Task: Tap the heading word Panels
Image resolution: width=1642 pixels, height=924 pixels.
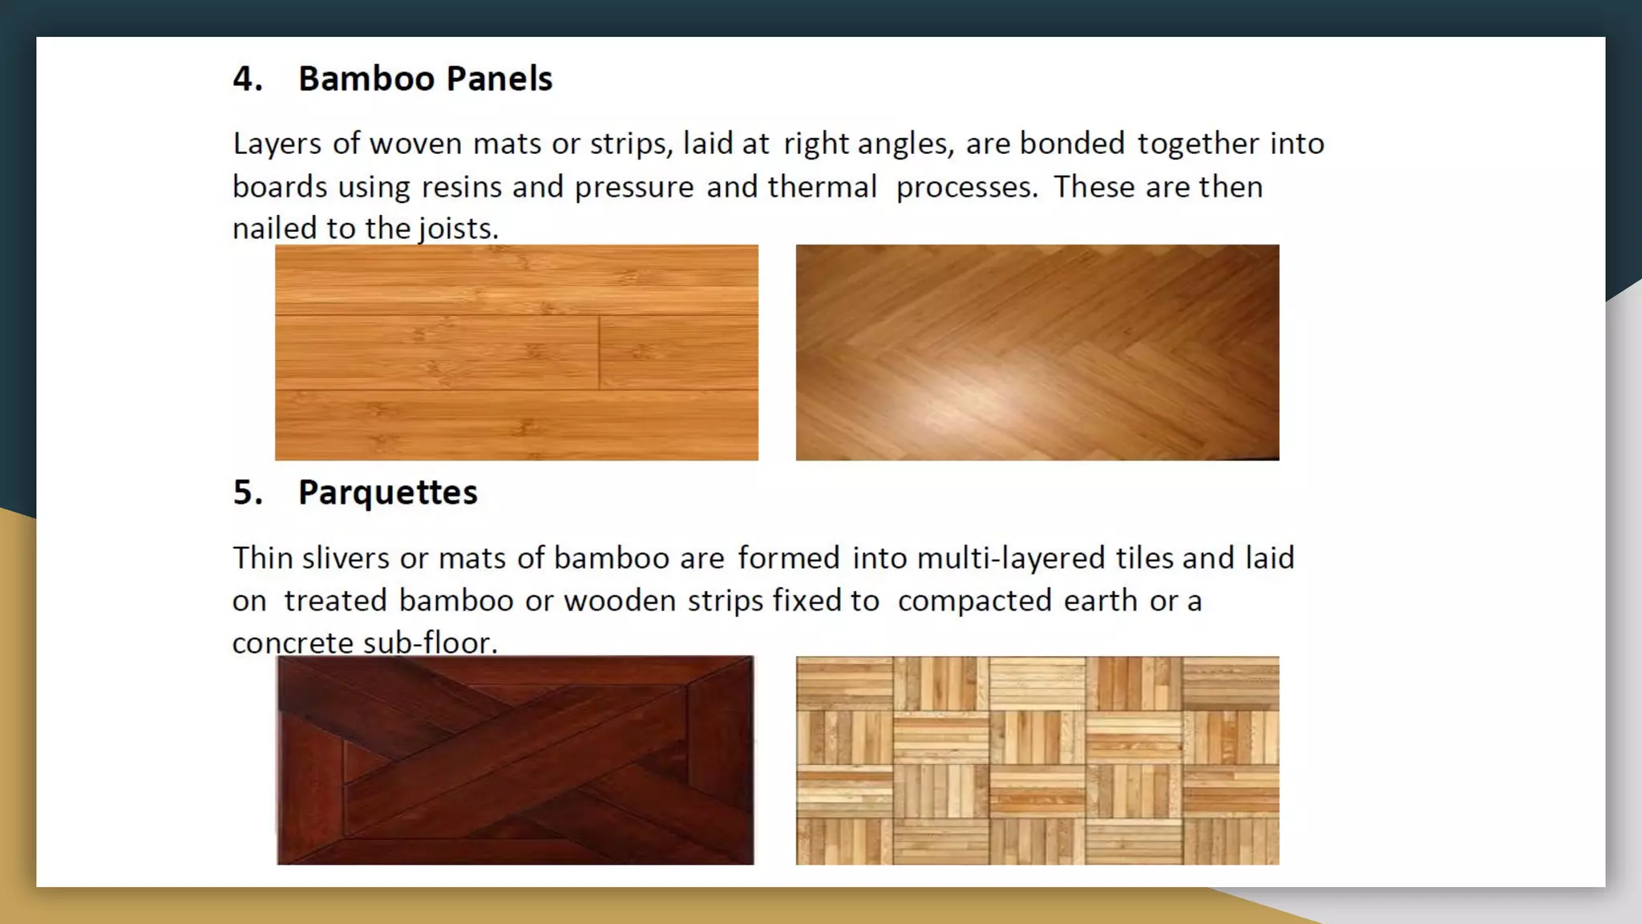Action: [499, 79]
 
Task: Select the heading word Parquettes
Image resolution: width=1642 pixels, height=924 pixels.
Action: [387, 492]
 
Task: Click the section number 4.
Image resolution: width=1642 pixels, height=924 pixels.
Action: [247, 79]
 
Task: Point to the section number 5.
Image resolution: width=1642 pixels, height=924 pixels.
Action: [247, 492]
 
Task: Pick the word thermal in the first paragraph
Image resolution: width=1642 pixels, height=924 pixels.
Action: [822, 187]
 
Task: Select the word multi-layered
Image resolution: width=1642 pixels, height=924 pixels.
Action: [1010, 558]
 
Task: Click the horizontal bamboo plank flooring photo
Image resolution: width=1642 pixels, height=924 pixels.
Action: [516, 352]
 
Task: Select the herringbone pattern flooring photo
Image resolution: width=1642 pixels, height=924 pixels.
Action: [1037, 352]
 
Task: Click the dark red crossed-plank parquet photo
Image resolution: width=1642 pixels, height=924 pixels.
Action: [516, 760]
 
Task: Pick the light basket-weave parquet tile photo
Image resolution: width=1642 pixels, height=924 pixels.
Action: [1037, 760]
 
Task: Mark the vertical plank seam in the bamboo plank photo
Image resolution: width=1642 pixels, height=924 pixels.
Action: [599, 353]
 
